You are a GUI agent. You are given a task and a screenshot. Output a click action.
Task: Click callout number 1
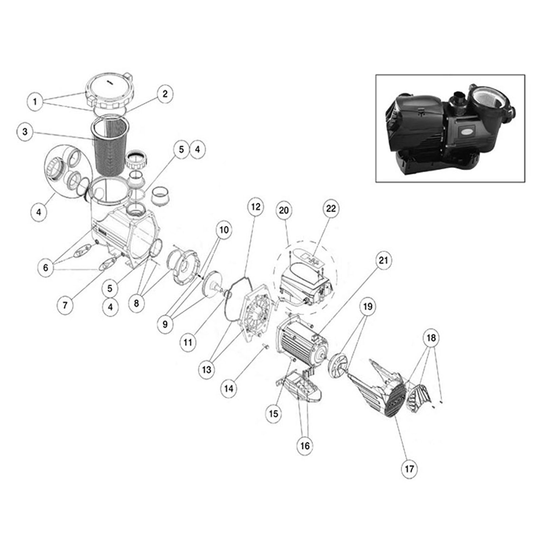pyautogui.click(x=35, y=101)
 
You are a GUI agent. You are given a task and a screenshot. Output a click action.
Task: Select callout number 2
pyautogui.click(x=165, y=94)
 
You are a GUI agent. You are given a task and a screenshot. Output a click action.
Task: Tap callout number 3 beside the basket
pyautogui.click(x=25, y=131)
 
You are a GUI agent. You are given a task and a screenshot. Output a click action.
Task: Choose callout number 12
pyautogui.click(x=256, y=207)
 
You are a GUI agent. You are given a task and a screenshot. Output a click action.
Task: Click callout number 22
pyautogui.click(x=331, y=208)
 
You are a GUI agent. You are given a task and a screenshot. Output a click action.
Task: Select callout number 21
pyautogui.click(x=383, y=260)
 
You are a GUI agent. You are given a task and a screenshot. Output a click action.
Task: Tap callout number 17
pyautogui.click(x=409, y=469)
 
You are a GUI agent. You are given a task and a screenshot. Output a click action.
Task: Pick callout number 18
pyautogui.click(x=431, y=338)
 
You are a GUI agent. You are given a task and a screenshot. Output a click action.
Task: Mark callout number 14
pyautogui.click(x=229, y=388)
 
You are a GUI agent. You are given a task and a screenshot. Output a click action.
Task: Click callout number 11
pyautogui.click(x=188, y=342)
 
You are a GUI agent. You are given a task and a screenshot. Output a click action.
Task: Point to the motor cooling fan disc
pyautogui.click(x=338, y=366)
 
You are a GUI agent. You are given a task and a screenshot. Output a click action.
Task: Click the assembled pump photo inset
pyautogui.click(x=450, y=128)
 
